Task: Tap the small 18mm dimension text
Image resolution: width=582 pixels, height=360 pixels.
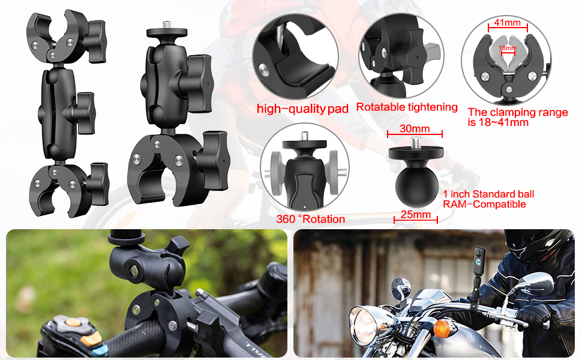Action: tap(508, 47)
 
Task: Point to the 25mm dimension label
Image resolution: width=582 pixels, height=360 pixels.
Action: tap(415, 214)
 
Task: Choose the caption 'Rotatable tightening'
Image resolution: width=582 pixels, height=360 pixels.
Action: tap(407, 107)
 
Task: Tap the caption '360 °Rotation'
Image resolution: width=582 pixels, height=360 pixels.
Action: tap(310, 219)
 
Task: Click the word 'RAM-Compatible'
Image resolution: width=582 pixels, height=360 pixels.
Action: tap(484, 204)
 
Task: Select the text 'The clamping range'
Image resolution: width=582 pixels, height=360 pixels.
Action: tap(517, 112)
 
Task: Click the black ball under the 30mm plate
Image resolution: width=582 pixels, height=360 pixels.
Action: tap(416, 183)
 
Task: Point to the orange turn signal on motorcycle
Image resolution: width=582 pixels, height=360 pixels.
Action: tap(442, 328)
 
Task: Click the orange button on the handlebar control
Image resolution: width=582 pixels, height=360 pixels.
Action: tap(73, 322)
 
